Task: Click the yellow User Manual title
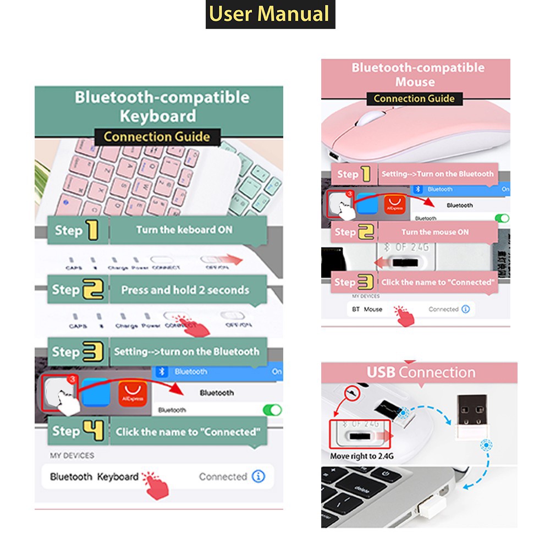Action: [x=270, y=14]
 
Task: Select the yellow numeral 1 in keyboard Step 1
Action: [x=92, y=230]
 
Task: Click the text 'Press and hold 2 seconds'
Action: [x=185, y=290]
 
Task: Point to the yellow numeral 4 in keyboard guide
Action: [x=93, y=431]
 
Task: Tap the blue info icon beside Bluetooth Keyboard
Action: [x=258, y=476]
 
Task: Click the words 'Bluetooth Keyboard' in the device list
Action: [x=94, y=476]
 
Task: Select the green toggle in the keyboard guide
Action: [x=272, y=410]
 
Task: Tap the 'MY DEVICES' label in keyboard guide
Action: [x=72, y=455]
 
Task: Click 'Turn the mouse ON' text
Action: [x=435, y=232]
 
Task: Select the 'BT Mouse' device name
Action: [x=367, y=309]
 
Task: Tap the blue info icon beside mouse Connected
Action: [x=465, y=309]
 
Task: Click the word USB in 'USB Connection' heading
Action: [x=381, y=372]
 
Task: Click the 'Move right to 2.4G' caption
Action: [x=361, y=456]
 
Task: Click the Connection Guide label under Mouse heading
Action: [x=414, y=99]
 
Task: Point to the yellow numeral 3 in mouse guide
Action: [x=365, y=283]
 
